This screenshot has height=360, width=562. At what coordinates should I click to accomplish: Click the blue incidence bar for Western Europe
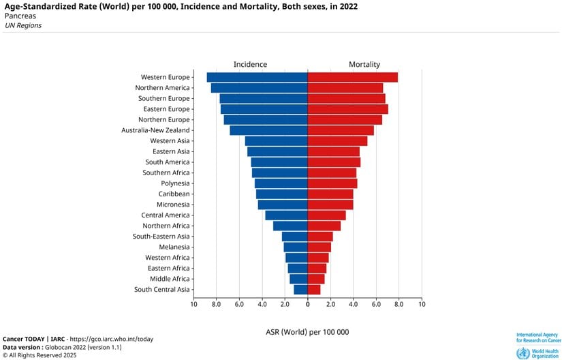pyautogui.click(x=257, y=77)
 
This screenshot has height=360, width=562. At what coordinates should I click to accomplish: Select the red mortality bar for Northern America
pyautogui.click(x=345, y=88)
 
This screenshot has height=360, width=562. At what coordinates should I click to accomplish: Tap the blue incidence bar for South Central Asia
pyautogui.click(x=300, y=289)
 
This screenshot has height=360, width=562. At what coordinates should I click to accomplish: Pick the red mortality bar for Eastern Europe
pyautogui.click(x=347, y=109)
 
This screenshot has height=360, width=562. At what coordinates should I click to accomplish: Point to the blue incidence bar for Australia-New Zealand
pyautogui.click(x=268, y=130)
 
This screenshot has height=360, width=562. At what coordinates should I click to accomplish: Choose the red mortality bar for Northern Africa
pyautogui.click(x=324, y=226)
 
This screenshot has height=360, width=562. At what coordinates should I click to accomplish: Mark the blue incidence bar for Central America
pyautogui.click(x=286, y=215)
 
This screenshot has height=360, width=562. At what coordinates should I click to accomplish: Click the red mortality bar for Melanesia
pyautogui.click(x=319, y=247)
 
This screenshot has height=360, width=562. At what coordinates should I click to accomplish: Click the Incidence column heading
pyautogui.click(x=250, y=64)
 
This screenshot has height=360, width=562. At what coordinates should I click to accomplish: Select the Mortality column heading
pyautogui.click(x=364, y=64)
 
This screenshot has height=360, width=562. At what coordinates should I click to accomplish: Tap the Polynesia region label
pyautogui.click(x=175, y=183)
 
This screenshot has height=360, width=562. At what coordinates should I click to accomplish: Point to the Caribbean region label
pyautogui.click(x=174, y=194)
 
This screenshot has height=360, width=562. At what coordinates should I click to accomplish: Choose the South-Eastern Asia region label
pyautogui.click(x=161, y=237)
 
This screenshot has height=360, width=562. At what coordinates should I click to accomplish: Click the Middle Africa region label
pyautogui.click(x=170, y=279)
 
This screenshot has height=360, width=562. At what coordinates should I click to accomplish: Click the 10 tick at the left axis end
pyautogui.click(x=193, y=304)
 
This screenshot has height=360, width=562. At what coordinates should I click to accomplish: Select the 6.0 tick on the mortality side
pyautogui.click(x=376, y=304)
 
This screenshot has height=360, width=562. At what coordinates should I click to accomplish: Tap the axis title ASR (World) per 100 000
pyautogui.click(x=307, y=331)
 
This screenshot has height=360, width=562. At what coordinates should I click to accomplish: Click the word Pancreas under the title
pyautogui.click(x=20, y=16)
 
